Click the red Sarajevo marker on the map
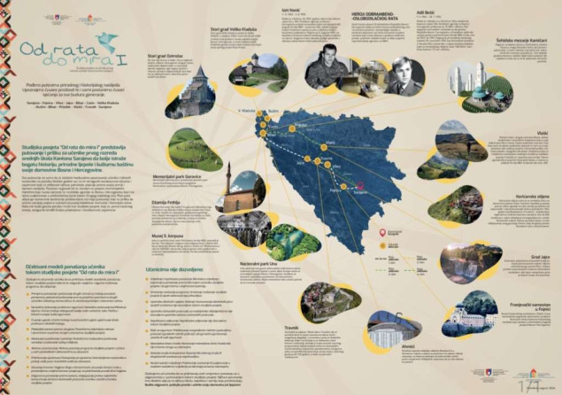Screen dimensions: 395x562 pyautogui.click(x=360, y=187)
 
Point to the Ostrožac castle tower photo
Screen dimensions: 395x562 pyautogui.click(x=189, y=91)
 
